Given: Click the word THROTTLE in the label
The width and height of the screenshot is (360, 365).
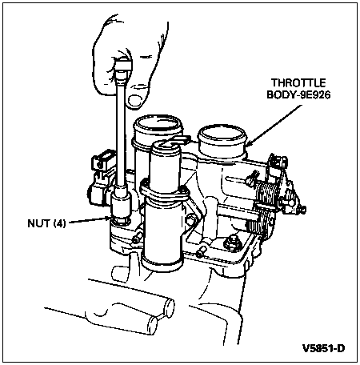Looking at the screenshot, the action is tap(298, 83).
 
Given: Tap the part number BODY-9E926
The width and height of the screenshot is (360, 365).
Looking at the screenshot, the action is tap(298, 94).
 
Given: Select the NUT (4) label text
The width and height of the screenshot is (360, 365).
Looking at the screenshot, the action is tap(46, 223).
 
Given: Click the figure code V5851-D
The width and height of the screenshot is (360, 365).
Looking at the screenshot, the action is tap(323, 348).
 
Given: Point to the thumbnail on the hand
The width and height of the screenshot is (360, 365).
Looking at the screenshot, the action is tap(135, 101).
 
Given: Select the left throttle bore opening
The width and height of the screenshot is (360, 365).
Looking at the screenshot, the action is tap(158, 123).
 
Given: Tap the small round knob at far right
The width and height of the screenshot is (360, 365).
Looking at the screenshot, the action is tap(302, 210).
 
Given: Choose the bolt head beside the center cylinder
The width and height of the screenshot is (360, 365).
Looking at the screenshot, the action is tap(191, 220).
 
